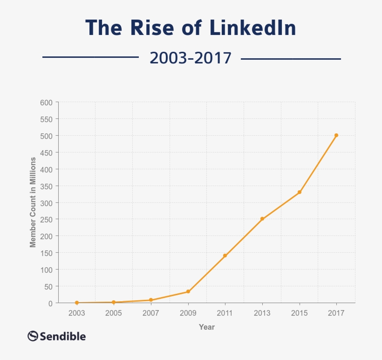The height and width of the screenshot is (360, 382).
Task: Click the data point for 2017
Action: click(336, 135)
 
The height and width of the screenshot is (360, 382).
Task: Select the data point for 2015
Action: click(300, 192)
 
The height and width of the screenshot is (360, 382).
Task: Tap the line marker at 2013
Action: click(262, 219)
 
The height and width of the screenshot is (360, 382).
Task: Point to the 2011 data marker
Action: click(225, 256)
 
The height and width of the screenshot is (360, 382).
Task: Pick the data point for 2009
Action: click(188, 291)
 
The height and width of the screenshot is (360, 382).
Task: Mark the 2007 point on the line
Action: click(151, 300)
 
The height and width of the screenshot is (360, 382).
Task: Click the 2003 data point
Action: click(77, 303)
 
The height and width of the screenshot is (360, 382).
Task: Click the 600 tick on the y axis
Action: click(47, 102)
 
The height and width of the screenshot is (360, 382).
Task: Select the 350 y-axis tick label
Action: click(47, 186)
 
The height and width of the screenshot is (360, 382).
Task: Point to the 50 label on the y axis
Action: click(48, 286)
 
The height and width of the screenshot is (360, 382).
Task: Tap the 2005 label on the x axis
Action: click(114, 313)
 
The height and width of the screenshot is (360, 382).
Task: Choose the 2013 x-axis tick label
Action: click(262, 313)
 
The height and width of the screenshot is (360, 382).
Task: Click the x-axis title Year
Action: click(207, 327)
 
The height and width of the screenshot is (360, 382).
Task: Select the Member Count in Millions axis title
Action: click(33, 202)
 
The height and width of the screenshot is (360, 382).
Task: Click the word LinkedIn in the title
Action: click(253, 28)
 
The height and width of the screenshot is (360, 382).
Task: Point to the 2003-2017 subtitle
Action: click(190, 58)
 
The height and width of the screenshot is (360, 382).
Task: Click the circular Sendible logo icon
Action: click(33, 336)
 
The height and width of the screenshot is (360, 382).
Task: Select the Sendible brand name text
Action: click(63, 336)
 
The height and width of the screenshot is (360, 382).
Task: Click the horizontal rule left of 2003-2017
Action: click(91, 57)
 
